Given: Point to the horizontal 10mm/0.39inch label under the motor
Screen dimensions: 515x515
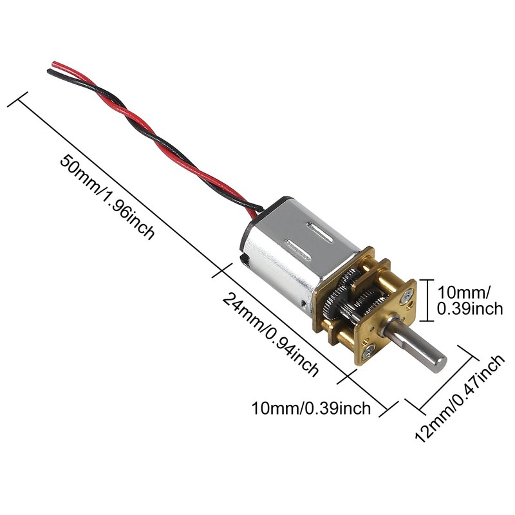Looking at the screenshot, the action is point(312,408).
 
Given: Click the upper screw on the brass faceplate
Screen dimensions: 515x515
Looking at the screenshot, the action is point(407,295).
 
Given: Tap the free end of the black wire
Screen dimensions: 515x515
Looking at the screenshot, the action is point(50,72).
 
